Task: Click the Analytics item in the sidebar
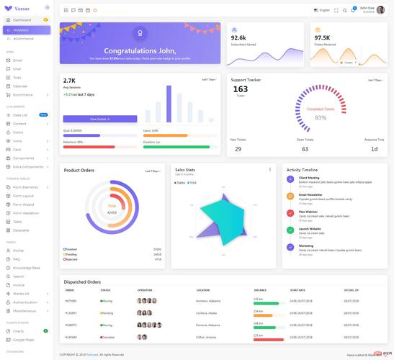click(22, 30)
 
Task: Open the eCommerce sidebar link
click(24, 38)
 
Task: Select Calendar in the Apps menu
click(20, 86)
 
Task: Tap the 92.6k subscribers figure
click(238, 37)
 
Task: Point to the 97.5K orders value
click(322, 37)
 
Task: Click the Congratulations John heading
click(140, 51)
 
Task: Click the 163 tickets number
click(240, 89)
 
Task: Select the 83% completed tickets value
click(320, 117)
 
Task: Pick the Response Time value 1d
click(374, 149)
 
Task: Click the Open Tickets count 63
click(305, 149)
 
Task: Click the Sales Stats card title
click(185, 170)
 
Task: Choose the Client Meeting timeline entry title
click(309, 177)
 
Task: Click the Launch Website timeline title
click(310, 228)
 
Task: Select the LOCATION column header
click(202, 290)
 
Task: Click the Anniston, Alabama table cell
click(207, 300)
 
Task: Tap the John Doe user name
click(367, 8)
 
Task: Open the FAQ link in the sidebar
click(17, 259)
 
